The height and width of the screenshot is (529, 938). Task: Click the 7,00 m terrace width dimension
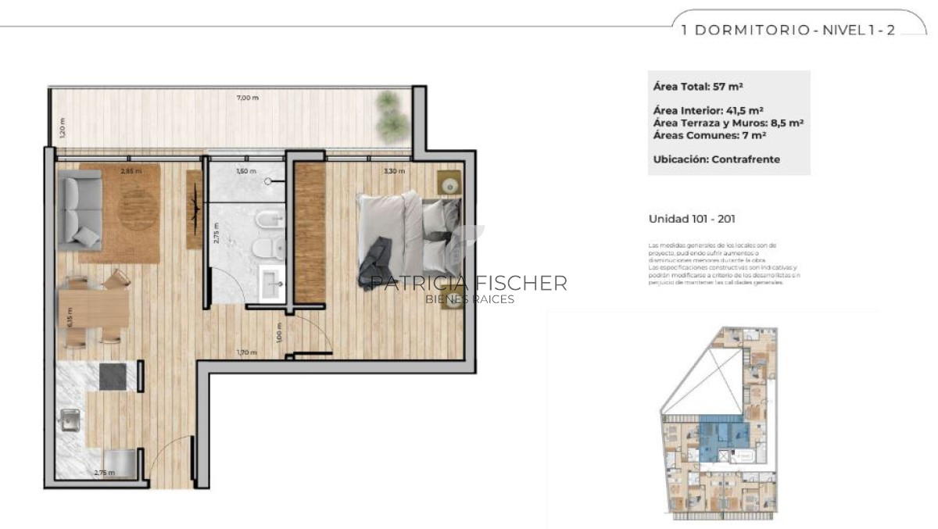[x=248, y=98]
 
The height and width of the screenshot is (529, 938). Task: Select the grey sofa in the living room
[x=81, y=209]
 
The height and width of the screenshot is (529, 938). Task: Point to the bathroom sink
[x=272, y=281]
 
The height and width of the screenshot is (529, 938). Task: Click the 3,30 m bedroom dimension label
[x=396, y=170]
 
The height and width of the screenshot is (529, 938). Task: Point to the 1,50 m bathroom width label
[x=246, y=170]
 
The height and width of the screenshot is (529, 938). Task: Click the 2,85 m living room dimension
[x=130, y=170]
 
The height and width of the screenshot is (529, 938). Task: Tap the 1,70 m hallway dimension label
[x=248, y=352]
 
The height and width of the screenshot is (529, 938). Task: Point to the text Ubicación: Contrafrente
[x=716, y=159]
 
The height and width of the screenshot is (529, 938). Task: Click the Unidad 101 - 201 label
[x=692, y=220]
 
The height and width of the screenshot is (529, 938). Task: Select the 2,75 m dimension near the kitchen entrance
[x=104, y=473]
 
